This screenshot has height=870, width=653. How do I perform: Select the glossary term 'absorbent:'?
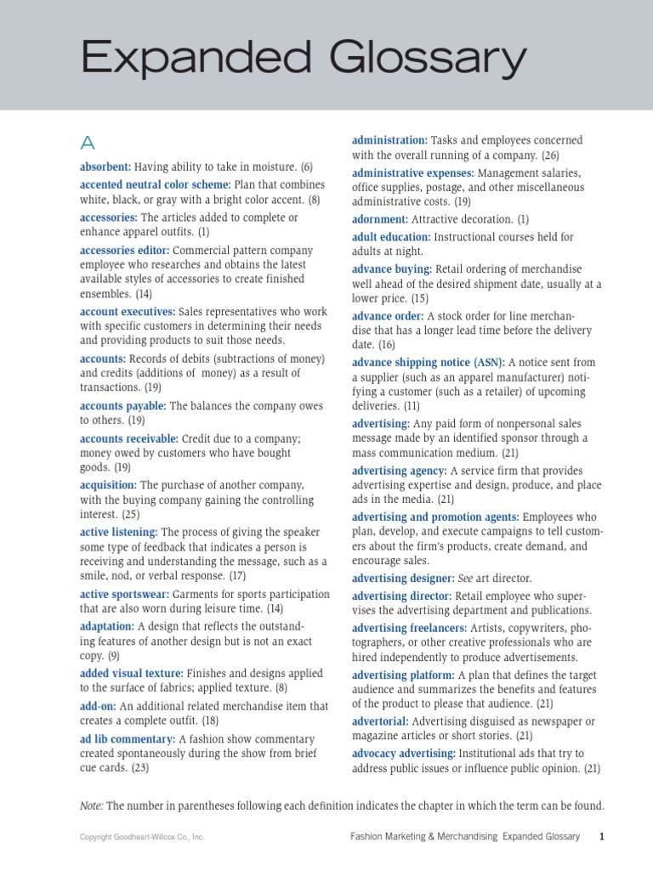[x=105, y=167]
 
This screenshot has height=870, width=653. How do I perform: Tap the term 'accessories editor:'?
[x=125, y=251]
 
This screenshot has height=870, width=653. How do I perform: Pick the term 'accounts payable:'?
[x=123, y=406]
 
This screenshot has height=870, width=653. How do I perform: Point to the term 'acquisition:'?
[x=108, y=485]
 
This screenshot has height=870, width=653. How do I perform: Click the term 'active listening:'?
[x=119, y=532]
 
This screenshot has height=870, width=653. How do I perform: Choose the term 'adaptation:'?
[x=107, y=626]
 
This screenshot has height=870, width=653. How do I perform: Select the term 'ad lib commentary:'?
[x=128, y=739]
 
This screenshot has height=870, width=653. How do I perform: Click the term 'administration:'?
[x=389, y=140]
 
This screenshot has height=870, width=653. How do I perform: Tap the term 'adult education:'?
[x=391, y=237]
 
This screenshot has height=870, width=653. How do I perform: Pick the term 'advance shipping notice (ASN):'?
[x=429, y=362]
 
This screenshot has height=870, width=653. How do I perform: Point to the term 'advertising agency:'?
[x=399, y=471]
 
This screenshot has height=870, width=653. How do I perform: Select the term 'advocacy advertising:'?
[x=404, y=754]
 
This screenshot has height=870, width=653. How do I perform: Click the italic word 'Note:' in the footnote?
[x=92, y=805]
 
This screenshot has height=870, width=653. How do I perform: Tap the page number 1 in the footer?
[x=602, y=837]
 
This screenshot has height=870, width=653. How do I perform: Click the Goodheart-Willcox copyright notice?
[x=142, y=838]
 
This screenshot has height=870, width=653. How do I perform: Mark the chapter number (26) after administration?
[x=550, y=155]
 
